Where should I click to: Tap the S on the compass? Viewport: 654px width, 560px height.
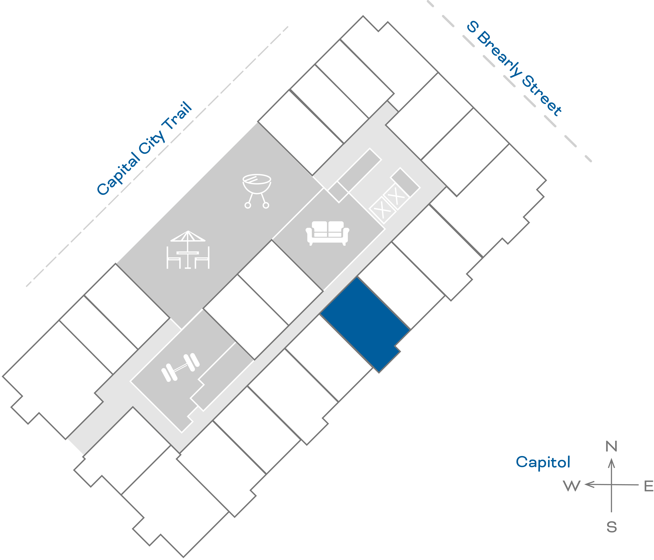pos(611,527)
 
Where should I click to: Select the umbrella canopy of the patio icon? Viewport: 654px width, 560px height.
pos(188,236)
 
